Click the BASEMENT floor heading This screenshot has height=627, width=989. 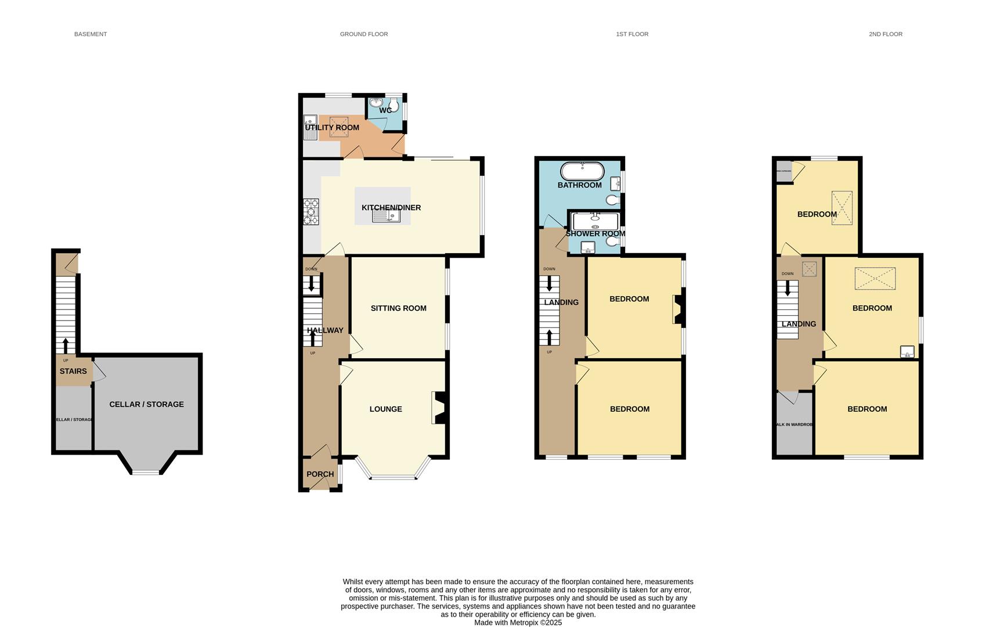coord(91,34)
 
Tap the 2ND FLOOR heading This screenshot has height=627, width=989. coord(885,34)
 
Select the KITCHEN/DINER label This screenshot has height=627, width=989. coord(391,208)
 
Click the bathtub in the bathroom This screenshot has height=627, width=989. coord(582,171)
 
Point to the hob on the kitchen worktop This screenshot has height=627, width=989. coord(311,212)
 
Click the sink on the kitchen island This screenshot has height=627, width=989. coord(387,216)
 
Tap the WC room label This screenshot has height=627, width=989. coord(385,110)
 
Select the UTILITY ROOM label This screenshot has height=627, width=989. coord(332,128)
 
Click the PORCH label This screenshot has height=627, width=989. coord(320,474)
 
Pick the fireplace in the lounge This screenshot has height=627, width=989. coord(439,408)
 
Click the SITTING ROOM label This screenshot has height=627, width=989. coord(398,308)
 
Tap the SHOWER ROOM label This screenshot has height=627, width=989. coord(595,234)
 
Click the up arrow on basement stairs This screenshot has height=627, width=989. coord(65,345)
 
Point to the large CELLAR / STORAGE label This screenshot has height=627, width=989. coord(146,405)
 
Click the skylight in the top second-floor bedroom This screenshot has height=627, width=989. coord(842,207)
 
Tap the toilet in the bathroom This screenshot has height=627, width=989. coord(612,200)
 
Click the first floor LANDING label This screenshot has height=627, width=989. coord(561,302)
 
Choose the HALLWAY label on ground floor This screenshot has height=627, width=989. coord(325,330)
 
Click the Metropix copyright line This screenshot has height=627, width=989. coord(518,622)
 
